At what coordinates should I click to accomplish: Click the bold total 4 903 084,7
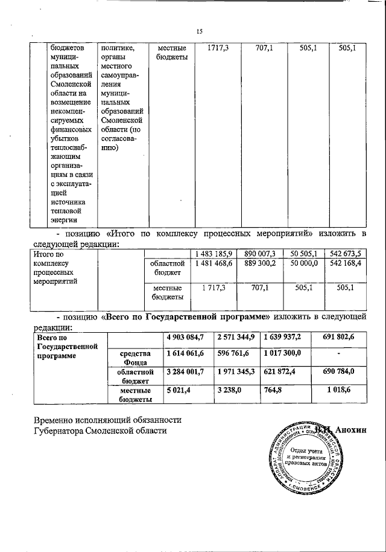(x=186, y=336)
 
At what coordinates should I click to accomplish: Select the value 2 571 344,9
(x=236, y=336)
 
